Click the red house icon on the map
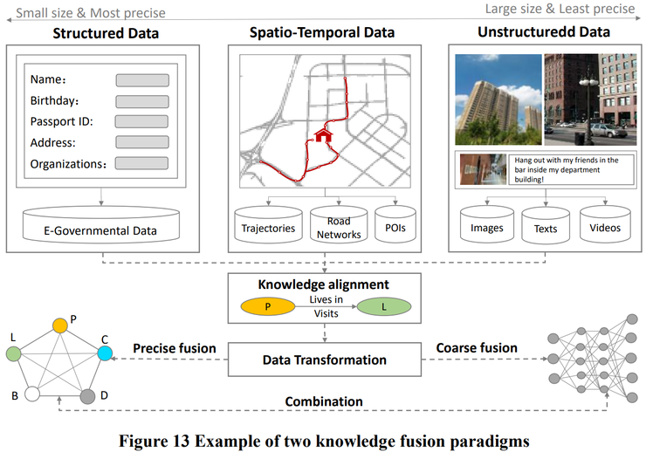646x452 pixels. (x=324, y=135)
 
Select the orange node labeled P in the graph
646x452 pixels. (x=59, y=325)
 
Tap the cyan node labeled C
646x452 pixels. (x=105, y=353)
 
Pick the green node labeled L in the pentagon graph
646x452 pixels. (x=12, y=354)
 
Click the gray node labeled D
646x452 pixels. (x=87, y=396)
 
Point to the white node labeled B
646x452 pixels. (x=31, y=395)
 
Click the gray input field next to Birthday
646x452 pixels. (x=142, y=100)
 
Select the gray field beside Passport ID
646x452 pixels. (x=142, y=121)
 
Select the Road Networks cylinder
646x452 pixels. (x=333, y=227)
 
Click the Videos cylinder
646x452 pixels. (x=604, y=228)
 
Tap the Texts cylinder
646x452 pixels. (x=545, y=228)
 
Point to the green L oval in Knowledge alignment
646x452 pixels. (x=385, y=307)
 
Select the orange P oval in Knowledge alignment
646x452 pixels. (x=265, y=307)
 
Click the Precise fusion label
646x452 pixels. (x=174, y=348)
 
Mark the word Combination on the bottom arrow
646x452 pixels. (x=323, y=401)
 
